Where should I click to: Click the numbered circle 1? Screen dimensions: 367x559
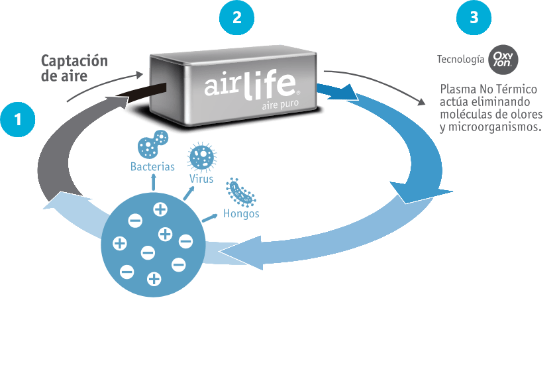[17, 120]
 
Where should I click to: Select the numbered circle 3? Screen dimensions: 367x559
[474, 19]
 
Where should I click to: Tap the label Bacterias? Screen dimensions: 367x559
[152, 166]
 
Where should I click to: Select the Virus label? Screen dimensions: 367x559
[201, 179]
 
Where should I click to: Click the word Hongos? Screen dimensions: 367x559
[241, 213]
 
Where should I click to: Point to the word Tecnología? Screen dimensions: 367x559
[460, 60]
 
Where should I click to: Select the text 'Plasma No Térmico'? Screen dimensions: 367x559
[488, 89]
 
